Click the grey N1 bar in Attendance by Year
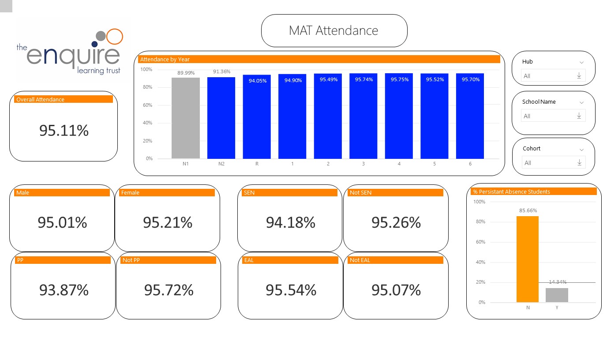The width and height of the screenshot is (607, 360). coord(185,118)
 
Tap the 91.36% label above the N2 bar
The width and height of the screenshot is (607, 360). coord(221,71)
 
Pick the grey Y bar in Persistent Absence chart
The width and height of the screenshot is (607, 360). coord(557,295)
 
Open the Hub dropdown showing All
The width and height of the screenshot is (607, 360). coord(553,76)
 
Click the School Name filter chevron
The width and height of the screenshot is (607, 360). coord(581,102)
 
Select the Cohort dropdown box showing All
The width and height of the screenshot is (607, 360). coord(553,163)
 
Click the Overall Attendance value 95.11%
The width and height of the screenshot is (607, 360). coord(64,131)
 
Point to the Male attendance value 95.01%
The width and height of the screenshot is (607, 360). coord(62,223)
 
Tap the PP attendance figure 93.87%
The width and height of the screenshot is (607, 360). coord(64,290)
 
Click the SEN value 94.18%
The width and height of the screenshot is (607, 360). coord(290,223)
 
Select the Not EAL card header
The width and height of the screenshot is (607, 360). coord(396,260)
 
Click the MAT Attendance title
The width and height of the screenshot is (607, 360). coord(333,30)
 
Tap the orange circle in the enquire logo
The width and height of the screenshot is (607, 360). coord(115,36)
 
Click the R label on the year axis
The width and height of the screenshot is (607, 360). coord(257,164)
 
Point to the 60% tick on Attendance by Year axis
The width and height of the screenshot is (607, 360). coord(146,105)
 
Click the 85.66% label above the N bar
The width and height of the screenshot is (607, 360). coord(528,210)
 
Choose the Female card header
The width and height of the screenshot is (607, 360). coord(167,193)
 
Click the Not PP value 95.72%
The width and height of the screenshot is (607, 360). coord(169,290)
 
